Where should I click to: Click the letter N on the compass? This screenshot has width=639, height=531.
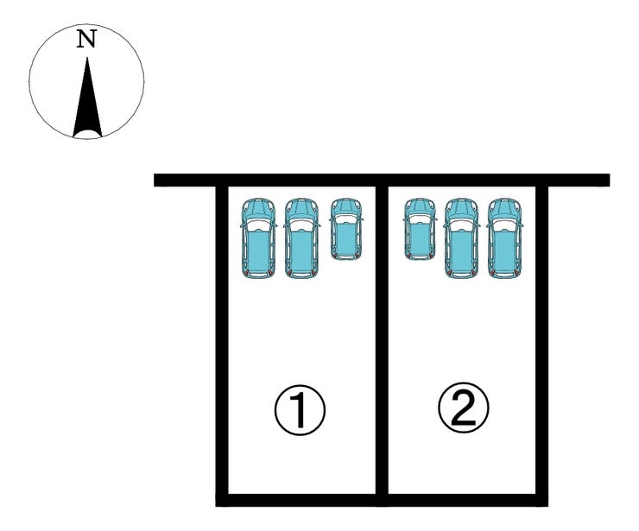pos(85,40)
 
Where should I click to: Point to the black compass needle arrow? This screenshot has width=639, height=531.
pos(86,99)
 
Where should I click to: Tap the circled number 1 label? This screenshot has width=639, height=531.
pos(300,410)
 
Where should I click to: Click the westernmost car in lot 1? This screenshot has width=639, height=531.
pos(258,239)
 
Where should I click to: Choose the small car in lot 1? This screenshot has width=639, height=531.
pos(346,229)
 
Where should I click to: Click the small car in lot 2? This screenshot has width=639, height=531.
pos(421,229)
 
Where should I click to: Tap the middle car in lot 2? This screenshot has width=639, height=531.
pos(462,238)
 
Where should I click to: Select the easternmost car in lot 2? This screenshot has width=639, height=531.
pos(505,238)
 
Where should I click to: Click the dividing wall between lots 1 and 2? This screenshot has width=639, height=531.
pos(381,345)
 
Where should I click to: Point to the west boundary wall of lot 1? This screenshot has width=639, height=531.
pos(222,345)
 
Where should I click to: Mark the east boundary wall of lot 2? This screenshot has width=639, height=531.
pos(541,345)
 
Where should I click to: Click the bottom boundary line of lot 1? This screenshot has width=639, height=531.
pos(301,499)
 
